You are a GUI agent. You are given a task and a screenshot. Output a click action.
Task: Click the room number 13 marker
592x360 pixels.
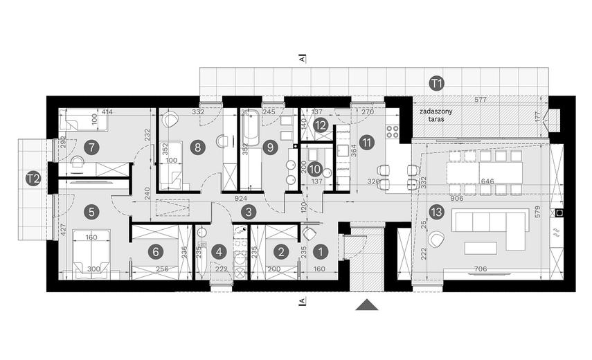[435, 211]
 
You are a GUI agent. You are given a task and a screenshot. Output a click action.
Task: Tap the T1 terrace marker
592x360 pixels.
[435, 84]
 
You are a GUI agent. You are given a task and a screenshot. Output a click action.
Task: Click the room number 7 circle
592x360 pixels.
[90, 147]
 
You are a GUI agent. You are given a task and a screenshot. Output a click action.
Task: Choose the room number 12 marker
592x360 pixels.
[320, 125]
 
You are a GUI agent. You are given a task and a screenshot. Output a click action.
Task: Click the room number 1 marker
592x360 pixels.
[320, 252]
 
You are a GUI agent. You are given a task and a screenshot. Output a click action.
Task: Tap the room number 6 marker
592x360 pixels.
[156, 252]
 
